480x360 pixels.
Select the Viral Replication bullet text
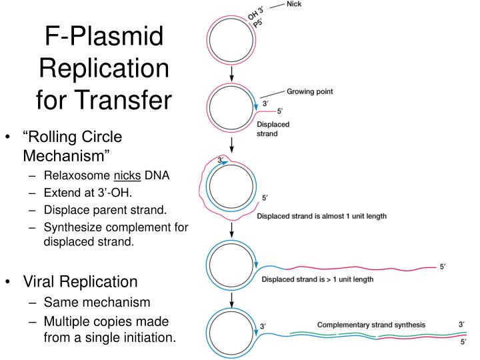81,281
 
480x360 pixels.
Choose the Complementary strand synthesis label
371,325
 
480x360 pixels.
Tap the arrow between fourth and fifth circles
231,299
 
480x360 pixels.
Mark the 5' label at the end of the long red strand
443,267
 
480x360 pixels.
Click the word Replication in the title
103,69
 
